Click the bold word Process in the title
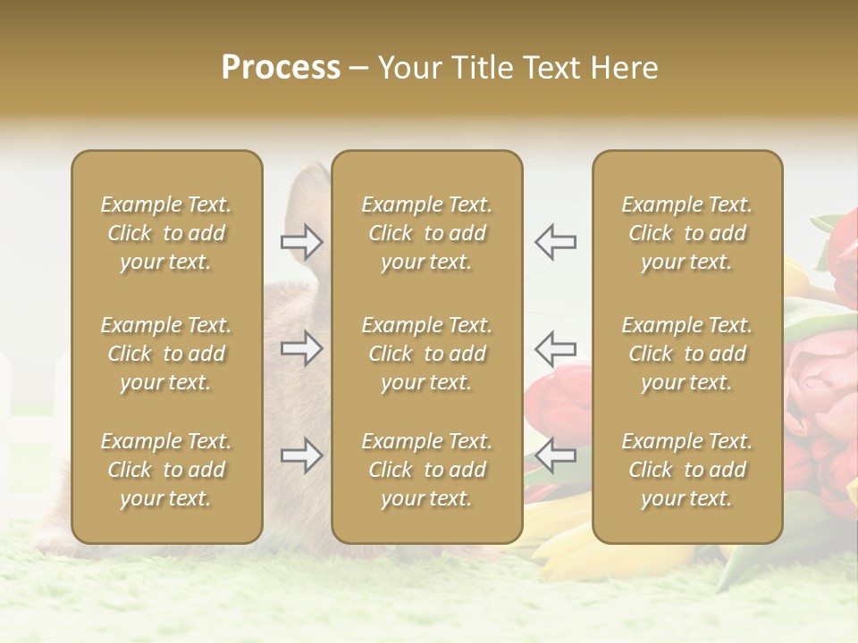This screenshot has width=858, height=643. pyautogui.click(x=281, y=68)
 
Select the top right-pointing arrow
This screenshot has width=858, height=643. pyautogui.click(x=302, y=241)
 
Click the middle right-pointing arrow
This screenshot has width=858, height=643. pyautogui.click(x=302, y=348)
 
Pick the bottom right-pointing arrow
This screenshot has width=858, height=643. pyautogui.click(x=302, y=455)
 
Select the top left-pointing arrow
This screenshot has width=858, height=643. pyautogui.click(x=555, y=241)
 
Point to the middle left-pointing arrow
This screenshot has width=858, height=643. pyautogui.click(x=555, y=348)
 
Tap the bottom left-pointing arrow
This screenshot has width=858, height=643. pyautogui.click(x=555, y=455)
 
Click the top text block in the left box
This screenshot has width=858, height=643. pyautogui.click(x=166, y=233)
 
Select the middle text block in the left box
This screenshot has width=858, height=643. pyautogui.click(x=166, y=354)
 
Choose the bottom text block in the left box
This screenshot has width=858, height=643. pyautogui.click(x=166, y=470)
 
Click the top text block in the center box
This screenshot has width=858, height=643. pyautogui.click(x=426, y=233)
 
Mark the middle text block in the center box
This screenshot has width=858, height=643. pyautogui.click(x=426, y=354)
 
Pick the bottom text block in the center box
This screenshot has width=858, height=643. pyautogui.click(x=426, y=470)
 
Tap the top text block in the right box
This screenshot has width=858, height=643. pyautogui.click(x=687, y=233)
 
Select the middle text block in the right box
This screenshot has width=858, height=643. pyautogui.click(x=687, y=354)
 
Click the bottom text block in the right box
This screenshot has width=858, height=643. pyautogui.click(x=687, y=470)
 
